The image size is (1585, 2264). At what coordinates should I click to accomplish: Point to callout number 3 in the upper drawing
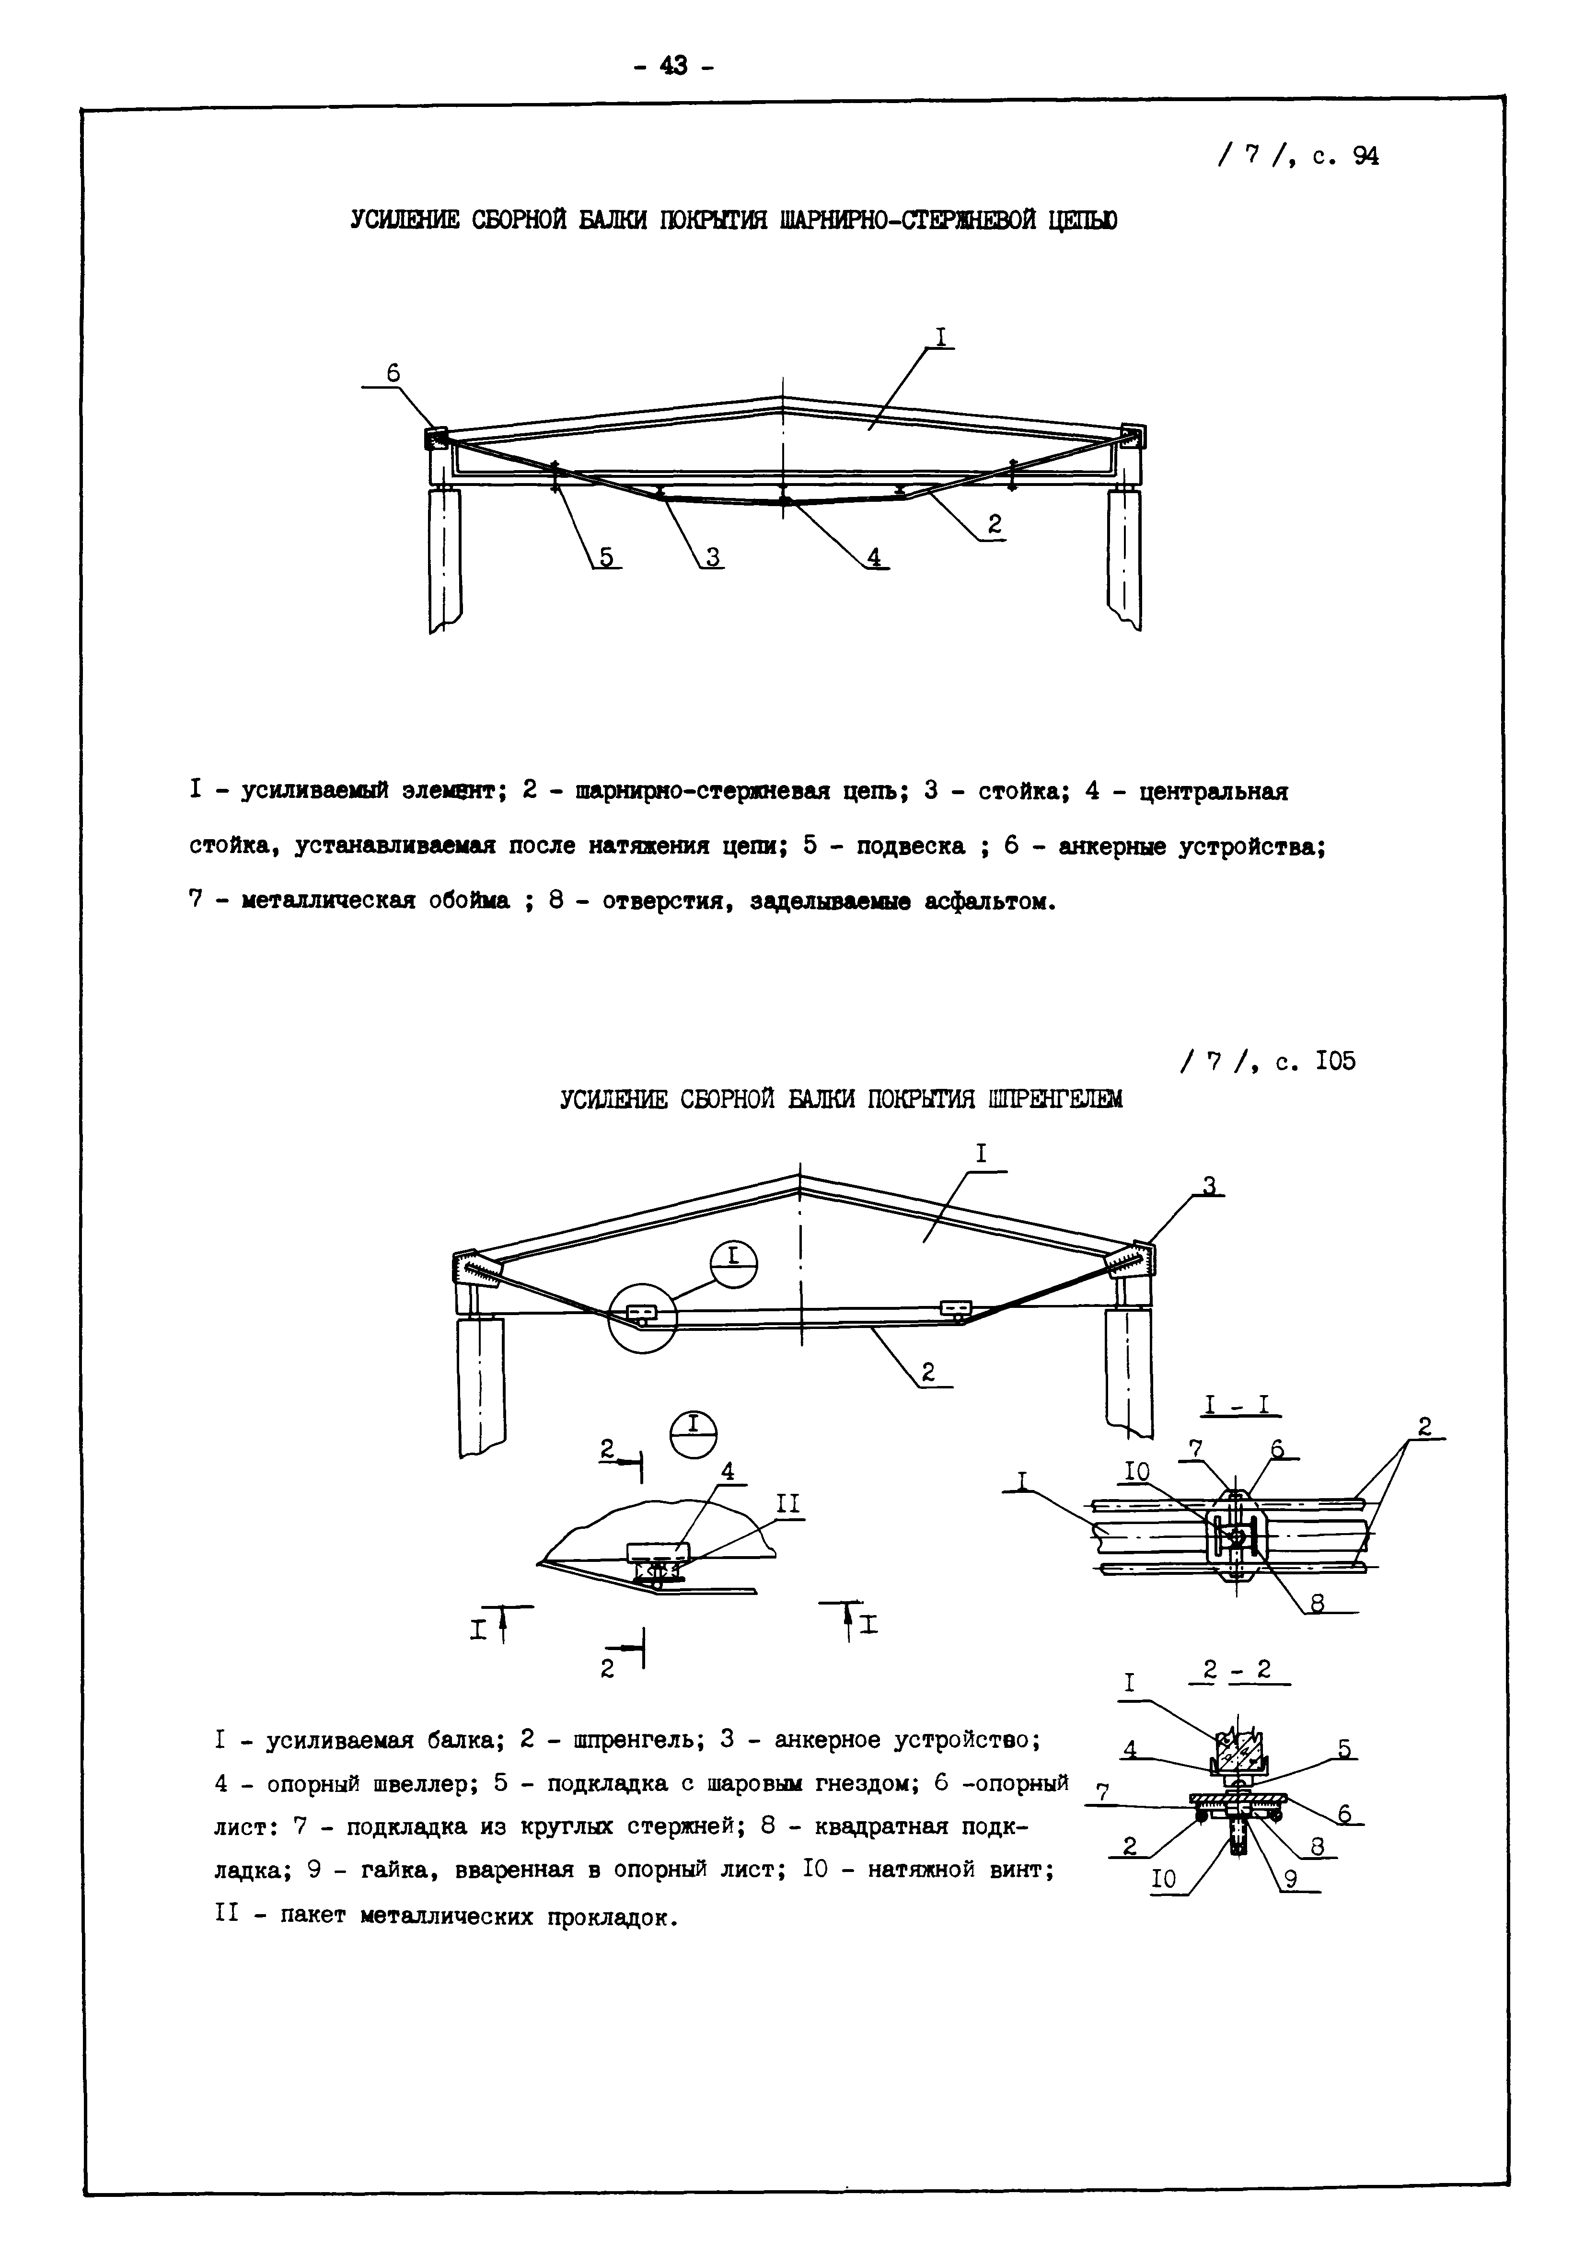712,557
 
